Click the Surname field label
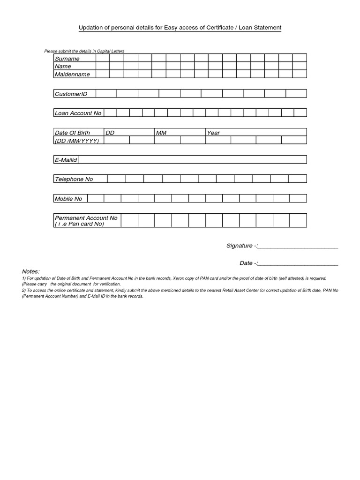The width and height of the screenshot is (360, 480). tap(67, 59)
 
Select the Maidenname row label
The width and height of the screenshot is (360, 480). tap(72, 74)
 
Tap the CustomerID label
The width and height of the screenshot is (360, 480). tap(71, 94)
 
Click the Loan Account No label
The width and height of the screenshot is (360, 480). tap(78, 113)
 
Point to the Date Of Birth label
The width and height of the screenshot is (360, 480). tap(72, 133)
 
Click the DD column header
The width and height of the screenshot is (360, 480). tap(110, 133)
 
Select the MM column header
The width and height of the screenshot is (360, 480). tap(161, 133)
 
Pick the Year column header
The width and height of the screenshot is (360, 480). tap(213, 133)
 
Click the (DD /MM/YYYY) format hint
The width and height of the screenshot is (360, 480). tap(77, 140)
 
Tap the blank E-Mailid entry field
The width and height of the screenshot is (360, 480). tap(192, 160)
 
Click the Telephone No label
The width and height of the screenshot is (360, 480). tap(74, 179)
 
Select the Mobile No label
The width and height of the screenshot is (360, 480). tap(68, 199)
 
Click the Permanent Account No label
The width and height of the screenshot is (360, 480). tap(86, 218)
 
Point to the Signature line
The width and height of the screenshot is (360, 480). tap(298, 246)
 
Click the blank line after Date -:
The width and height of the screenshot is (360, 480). tap(298, 263)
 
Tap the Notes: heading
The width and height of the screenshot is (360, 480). tap(31, 272)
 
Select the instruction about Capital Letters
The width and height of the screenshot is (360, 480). tap(84, 51)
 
